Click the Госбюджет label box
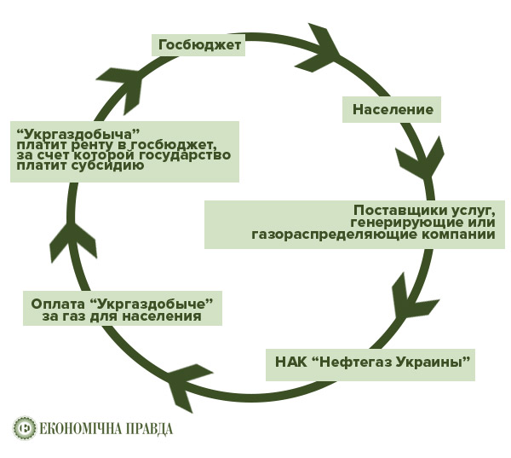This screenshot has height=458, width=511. click(x=199, y=44)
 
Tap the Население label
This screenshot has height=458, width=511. click(x=393, y=109)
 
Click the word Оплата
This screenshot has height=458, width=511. click(x=58, y=303)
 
